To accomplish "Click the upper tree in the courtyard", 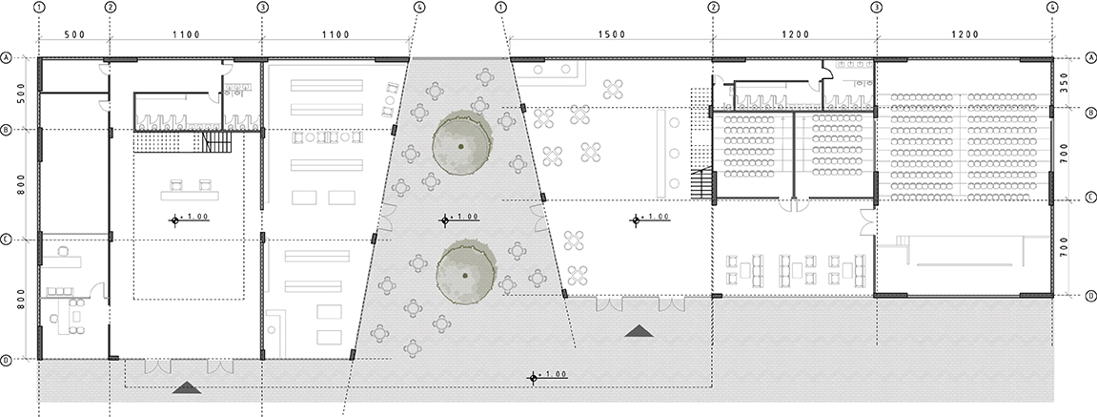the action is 461,145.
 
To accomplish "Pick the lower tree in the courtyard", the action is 464,273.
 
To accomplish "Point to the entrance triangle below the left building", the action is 187,386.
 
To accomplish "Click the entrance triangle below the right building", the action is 639,331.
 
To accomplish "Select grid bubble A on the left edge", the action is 7,58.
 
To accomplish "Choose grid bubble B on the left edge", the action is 7,131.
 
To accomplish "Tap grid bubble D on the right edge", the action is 1090,296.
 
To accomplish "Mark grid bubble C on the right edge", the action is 1090,199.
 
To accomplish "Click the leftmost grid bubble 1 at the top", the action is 38,7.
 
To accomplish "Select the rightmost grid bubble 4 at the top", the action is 1051,7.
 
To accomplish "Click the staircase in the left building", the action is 217,141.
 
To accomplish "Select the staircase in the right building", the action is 701,183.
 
